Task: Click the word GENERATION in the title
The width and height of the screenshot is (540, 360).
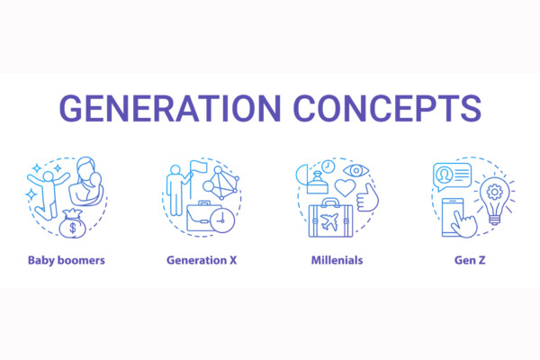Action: coord(170,108)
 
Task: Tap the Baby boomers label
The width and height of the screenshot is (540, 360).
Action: coord(67,260)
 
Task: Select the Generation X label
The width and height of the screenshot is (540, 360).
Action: coord(202,260)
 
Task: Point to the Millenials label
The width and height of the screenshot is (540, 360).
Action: coord(337,260)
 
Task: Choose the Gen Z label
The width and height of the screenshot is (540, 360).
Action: coord(470,260)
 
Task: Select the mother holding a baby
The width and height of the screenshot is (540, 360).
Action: coord(86,181)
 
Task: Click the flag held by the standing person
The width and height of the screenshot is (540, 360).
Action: coord(198,166)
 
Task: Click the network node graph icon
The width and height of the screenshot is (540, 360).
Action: coord(220,184)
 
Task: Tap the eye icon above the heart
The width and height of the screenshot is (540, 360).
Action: coord(356,170)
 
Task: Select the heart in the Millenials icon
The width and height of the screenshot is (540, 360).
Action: coord(345,188)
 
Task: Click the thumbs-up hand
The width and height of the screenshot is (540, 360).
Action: coord(368,198)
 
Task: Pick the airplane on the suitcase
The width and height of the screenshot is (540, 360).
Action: coord(329,222)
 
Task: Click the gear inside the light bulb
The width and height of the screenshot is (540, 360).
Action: coord(494,192)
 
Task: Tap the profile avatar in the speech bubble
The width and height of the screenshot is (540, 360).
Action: coord(445,175)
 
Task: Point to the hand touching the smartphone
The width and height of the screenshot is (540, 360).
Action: coord(464,224)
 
